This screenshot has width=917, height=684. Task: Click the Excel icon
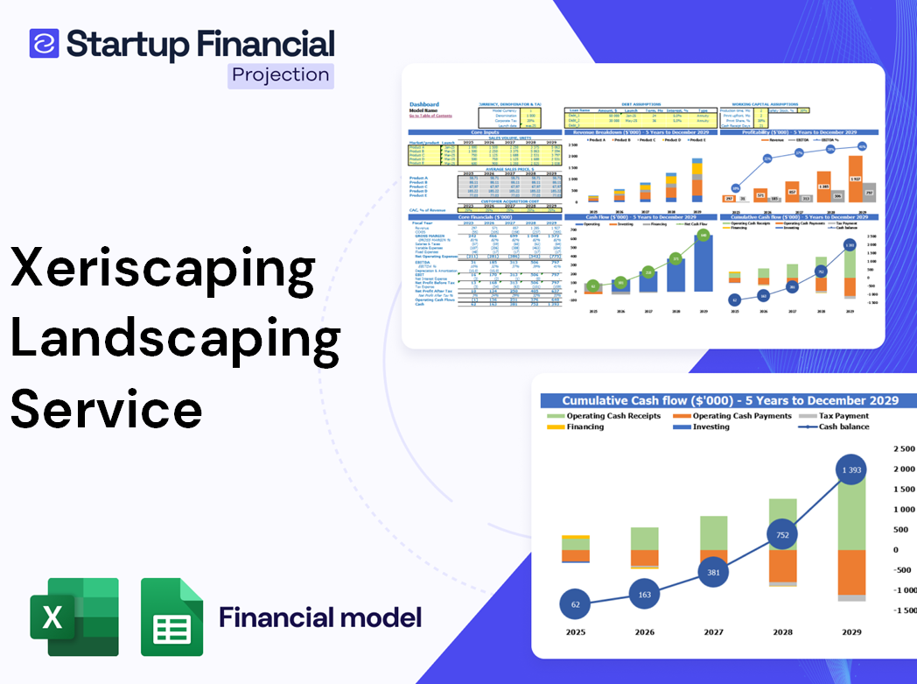pos(74,617)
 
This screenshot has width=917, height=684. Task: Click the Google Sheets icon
pos(171,617)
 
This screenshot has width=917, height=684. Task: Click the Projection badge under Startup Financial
pos(281,75)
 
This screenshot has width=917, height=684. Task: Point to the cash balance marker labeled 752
pos(781,536)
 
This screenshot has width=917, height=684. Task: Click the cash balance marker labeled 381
pos(712,573)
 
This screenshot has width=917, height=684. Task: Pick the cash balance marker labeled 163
pos(643,595)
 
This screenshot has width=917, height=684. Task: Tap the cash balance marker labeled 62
pos(574,604)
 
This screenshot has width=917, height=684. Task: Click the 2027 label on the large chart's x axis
pos(712,632)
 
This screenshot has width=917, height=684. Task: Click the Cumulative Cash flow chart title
pos(730,400)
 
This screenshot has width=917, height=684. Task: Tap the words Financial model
pos(320,617)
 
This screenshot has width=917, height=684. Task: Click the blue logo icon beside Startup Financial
pos(44,43)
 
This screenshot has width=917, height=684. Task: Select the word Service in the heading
pos(107,409)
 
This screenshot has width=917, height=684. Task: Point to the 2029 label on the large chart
pos(850,632)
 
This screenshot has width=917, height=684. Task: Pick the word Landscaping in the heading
pos(175,340)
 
